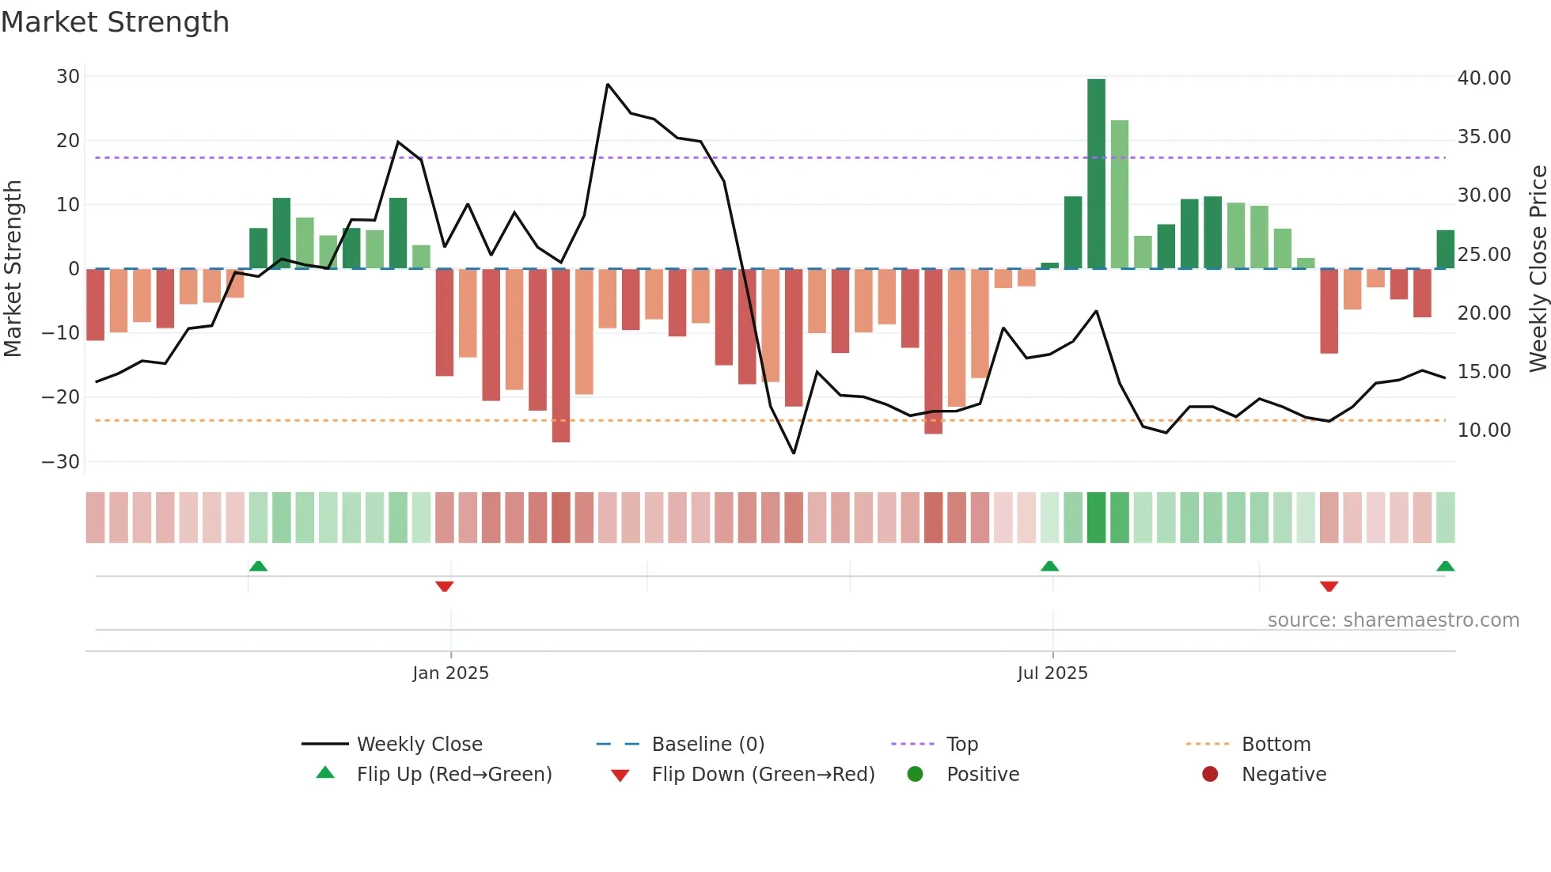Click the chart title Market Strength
(x=115, y=22)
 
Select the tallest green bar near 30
(x=1096, y=174)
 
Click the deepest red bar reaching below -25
(x=561, y=356)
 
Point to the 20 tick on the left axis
(x=68, y=141)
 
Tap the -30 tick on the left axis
(x=62, y=462)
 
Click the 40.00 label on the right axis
(x=1484, y=78)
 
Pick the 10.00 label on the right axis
(x=1484, y=430)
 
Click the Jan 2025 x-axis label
(x=450, y=673)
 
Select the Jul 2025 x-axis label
(x=1052, y=673)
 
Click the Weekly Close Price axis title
(x=1538, y=269)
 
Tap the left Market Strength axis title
(x=13, y=269)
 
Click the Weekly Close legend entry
(x=419, y=745)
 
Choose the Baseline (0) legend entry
(x=707, y=745)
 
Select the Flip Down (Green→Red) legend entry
(x=763, y=775)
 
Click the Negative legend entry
(x=1283, y=775)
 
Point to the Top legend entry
(x=961, y=745)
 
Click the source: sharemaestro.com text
(x=1393, y=620)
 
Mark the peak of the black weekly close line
(x=607, y=84)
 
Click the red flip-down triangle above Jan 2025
(x=445, y=586)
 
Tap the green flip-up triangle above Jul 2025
(x=1049, y=566)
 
